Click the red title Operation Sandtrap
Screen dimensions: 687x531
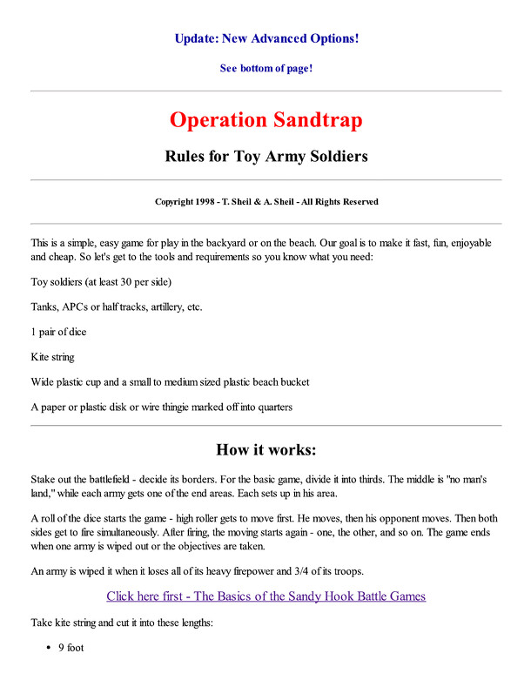pyautogui.click(x=265, y=120)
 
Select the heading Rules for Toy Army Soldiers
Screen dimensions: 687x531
pyautogui.click(x=265, y=157)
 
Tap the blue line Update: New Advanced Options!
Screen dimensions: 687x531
pyautogui.click(x=265, y=38)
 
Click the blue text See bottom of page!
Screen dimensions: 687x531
pyautogui.click(x=265, y=68)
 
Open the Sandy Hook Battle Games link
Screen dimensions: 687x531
pyautogui.click(x=265, y=596)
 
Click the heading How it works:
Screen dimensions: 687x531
pyautogui.click(x=265, y=450)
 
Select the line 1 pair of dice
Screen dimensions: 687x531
pyautogui.click(x=58, y=332)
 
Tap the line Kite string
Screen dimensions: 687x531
pyautogui.click(x=54, y=357)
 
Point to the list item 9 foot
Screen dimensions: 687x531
pyautogui.click(x=71, y=649)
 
